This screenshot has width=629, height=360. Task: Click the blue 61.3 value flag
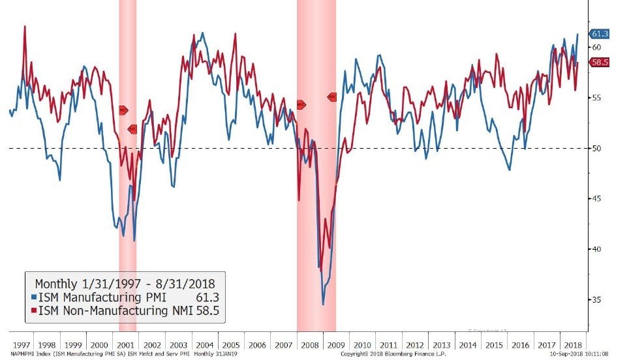[x=600, y=34]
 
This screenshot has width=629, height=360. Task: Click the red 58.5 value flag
[x=600, y=62]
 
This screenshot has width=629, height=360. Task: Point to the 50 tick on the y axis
[x=596, y=148]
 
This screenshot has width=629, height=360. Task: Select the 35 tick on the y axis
[x=596, y=300]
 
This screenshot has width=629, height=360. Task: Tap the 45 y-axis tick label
[x=596, y=199]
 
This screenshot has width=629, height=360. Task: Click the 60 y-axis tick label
[x=596, y=48]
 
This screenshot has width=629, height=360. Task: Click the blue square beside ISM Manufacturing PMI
[x=32, y=297]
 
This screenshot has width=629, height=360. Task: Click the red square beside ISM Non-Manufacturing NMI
[x=32, y=310]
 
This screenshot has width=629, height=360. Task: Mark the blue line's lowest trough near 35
[x=323, y=304]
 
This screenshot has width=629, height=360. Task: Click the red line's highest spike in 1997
[x=25, y=27]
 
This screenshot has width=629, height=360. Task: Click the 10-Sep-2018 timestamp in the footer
[x=585, y=354]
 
